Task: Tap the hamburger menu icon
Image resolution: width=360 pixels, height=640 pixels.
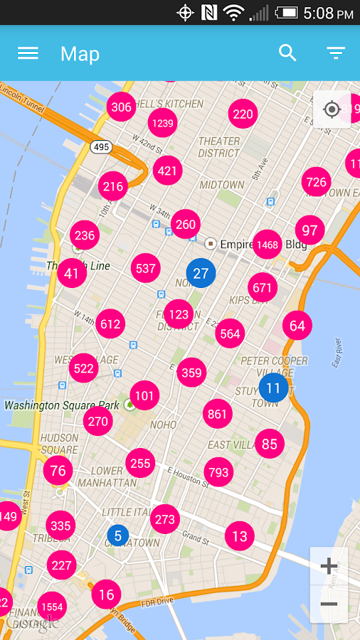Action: click(28, 53)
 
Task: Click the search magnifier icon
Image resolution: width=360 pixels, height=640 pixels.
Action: click(287, 53)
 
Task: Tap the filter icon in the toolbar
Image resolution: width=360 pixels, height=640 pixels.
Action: click(336, 53)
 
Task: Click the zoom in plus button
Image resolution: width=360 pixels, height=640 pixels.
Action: click(329, 566)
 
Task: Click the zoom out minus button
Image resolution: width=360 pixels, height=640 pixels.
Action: click(329, 604)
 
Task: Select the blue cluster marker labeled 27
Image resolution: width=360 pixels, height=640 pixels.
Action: click(201, 273)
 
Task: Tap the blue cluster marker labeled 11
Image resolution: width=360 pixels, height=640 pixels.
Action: click(273, 388)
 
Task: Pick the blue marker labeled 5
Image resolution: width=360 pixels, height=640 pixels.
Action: click(118, 535)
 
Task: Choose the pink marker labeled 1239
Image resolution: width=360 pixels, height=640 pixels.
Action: click(162, 123)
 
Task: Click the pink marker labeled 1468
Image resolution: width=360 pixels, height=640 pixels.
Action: click(268, 245)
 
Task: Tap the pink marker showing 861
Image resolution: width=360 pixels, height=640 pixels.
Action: click(218, 414)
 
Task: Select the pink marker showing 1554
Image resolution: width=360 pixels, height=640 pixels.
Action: click(52, 607)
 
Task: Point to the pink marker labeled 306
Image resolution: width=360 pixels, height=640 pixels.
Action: click(122, 107)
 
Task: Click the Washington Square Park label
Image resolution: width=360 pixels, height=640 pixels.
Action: click(62, 405)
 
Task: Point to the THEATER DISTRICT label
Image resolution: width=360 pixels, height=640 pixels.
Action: click(219, 147)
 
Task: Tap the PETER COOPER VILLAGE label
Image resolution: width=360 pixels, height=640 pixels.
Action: click(274, 366)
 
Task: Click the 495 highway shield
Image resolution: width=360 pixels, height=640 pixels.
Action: click(101, 146)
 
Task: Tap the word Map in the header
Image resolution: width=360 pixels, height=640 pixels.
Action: click(80, 54)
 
